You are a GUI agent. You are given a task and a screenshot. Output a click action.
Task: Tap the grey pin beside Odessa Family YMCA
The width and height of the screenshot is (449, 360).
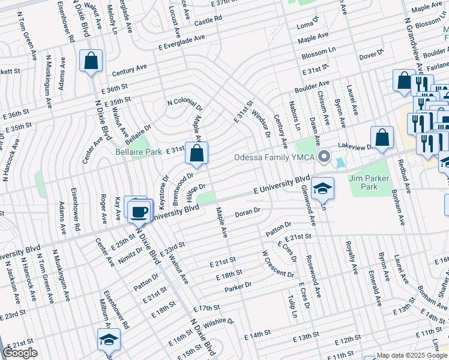tap(325, 157)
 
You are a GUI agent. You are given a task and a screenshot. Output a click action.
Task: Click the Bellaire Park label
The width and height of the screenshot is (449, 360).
tap(139, 152)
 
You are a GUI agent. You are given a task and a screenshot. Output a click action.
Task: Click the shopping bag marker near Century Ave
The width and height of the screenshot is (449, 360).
tap(91, 61)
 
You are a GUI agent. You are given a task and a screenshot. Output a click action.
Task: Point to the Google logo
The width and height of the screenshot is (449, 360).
tap(20, 353)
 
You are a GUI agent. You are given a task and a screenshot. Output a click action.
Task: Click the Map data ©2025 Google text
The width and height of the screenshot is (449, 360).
tap(412, 355)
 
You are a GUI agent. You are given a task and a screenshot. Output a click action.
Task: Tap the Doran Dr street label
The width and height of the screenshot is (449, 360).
tap(247, 212)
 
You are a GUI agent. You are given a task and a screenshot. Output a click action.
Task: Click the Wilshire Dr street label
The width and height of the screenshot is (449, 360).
tap(222, 322)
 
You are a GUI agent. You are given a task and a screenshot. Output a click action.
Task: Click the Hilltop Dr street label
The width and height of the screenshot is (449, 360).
tap(196, 192)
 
